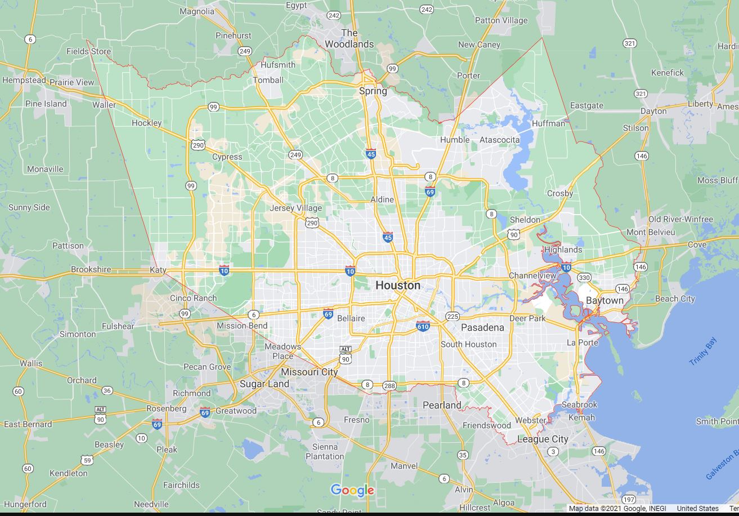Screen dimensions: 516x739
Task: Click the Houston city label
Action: click(398, 286)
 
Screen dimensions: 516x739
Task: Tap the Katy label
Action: click(158, 270)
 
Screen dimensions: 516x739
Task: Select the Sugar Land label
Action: click(265, 384)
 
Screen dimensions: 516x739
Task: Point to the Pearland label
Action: click(442, 405)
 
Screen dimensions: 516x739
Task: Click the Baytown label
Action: click(604, 301)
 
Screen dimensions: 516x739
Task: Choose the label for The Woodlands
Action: click(349, 38)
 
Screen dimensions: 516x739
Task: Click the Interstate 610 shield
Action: click(423, 326)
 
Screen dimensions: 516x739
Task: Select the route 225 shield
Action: click(452, 316)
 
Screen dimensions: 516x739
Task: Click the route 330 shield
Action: click(584, 277)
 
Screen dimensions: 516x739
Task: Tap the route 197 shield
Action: click(629, 500)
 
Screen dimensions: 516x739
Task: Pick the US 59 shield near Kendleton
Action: click(87, 460)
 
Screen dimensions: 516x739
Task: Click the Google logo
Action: click(352, 490)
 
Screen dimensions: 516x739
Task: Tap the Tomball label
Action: click(268, 80)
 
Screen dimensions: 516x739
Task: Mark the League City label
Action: click(543, 439)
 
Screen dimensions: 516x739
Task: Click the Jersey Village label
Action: click(296, 208)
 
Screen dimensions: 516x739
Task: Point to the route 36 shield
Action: click(107, 390)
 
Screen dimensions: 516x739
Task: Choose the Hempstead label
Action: click(24, 81)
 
